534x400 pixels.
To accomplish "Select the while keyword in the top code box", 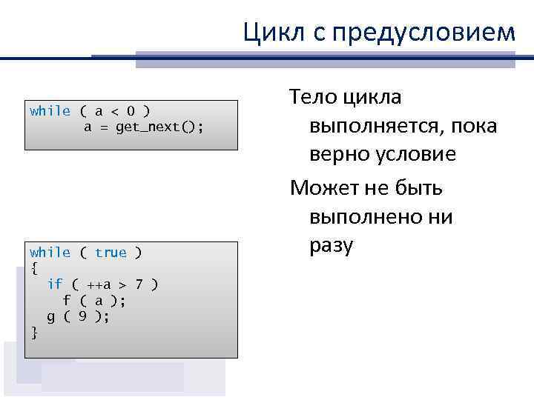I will click(50, 111).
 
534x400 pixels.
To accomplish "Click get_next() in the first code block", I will click(159, 127).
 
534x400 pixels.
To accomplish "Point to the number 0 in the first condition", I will click(131, 111).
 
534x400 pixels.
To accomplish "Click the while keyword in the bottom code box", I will click(50, 253).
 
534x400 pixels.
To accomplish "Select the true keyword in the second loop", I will click(111, 253).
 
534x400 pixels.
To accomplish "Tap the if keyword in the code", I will click(55, 284).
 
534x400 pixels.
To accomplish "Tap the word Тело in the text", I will click(314, 96).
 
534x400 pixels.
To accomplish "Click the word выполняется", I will click(374, 126).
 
